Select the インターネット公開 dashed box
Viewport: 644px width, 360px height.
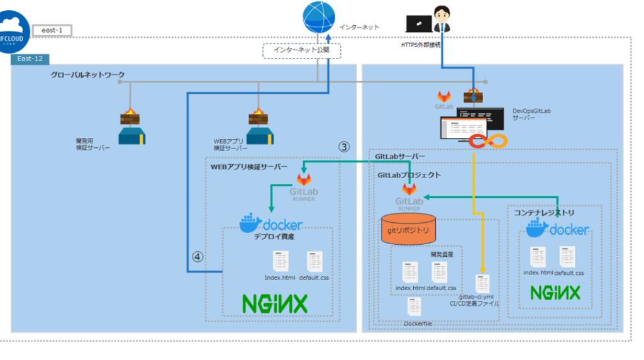(x=301, y=50)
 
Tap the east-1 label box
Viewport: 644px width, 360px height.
(x=52, y=30)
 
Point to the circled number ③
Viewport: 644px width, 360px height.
(x=343, y=146)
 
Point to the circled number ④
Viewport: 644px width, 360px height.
(x=197, y=257)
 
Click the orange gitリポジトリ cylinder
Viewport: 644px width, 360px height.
(x=408, y=230)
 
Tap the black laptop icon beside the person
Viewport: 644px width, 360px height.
(x=419, y=24)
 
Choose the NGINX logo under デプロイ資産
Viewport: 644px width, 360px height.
(x=275, y=304)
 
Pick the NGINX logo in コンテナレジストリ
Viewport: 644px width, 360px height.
(x=555, y=293)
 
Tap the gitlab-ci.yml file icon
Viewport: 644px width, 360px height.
(x=482, y=283)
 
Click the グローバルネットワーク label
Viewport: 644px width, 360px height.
(x=87, y=75)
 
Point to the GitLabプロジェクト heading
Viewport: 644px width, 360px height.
(x=408, y=175)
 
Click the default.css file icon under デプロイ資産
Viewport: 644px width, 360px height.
(x=315, y=262)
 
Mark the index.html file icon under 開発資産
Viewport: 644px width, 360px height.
(x=411, y=272)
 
